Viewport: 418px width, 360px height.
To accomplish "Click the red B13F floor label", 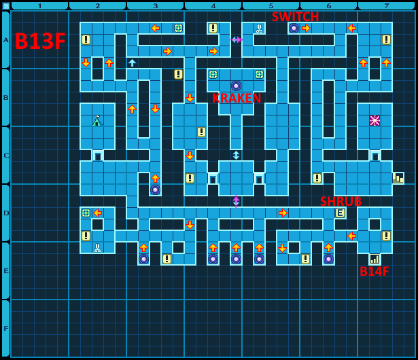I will click(40, 41).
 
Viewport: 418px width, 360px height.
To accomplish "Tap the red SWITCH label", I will click(295, 17).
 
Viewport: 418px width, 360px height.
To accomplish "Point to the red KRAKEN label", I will click(237, 98).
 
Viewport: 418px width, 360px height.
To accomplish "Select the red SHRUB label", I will click(341, 201).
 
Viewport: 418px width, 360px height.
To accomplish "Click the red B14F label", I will click(375, 272).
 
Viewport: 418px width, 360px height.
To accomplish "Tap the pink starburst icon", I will click(375, 120).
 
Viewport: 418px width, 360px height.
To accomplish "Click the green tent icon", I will click(97, 121).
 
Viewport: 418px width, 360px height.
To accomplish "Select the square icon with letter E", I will click(340, 213).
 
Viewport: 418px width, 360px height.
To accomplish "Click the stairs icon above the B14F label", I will click(375, 259).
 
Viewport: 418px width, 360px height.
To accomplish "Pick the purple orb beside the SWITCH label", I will click(294, 28).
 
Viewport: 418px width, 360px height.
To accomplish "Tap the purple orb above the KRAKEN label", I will click(236, 86).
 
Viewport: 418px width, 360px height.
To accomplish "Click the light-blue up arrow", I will click(132, 62).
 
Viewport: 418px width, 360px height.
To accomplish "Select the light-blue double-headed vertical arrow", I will click(236, 155).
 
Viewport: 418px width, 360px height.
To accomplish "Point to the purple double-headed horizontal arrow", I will click(236, 39).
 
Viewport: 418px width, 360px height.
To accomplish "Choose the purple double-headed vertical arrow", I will click(236, 201).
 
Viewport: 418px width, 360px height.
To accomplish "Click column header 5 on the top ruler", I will click(271, 5).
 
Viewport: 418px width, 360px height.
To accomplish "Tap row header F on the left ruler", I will click(5, 328).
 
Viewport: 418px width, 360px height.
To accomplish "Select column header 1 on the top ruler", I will click(39, 5).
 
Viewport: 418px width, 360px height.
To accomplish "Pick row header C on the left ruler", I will click(5, 155).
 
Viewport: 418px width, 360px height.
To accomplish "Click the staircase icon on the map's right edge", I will click(398, 178).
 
